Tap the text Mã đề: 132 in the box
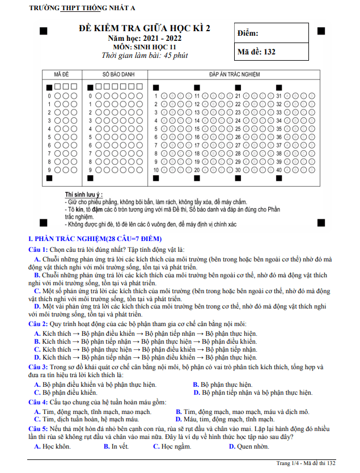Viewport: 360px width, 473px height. [x=256, y=52]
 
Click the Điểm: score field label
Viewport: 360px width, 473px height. [x=248, y=33]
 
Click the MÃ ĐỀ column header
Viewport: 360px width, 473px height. [x=61, y=74]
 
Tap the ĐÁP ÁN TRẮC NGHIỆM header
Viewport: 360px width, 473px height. [x=234, y=74]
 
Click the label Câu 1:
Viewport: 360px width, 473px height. [x=38, y=250]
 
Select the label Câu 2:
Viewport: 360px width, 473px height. [x=38, y=323]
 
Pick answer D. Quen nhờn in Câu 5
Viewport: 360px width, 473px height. [x=249, y=447]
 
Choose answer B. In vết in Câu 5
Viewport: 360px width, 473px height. [x=116, y=447]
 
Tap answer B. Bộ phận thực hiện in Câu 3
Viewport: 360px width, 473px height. [x=223, y=385]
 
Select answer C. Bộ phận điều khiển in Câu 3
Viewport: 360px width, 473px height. [x=66, y=392]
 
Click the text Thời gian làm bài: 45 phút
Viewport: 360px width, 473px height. [x=144, y=56]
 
